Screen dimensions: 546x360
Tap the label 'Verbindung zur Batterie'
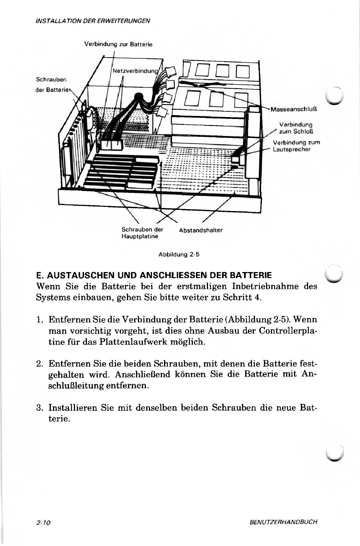click(118, 44)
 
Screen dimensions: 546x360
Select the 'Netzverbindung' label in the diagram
click(135, 70)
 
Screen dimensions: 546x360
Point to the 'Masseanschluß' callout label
click(294, 109)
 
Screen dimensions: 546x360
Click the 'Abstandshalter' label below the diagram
click(200, 230)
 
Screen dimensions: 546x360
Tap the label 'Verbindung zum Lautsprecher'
click(296, 146)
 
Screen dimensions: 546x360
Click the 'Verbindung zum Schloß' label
click(296, 128)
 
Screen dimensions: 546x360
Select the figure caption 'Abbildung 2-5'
click(178, 254)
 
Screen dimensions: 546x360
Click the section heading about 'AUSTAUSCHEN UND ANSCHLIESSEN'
click(154, 274)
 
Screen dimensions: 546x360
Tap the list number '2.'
click(41, 364)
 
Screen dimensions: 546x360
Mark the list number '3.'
click(41, 408)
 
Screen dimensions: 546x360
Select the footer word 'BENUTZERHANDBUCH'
click(283, 522)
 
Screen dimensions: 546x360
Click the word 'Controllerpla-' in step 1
click(288, 331)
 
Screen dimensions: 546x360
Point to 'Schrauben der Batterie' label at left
click(52, 84)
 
